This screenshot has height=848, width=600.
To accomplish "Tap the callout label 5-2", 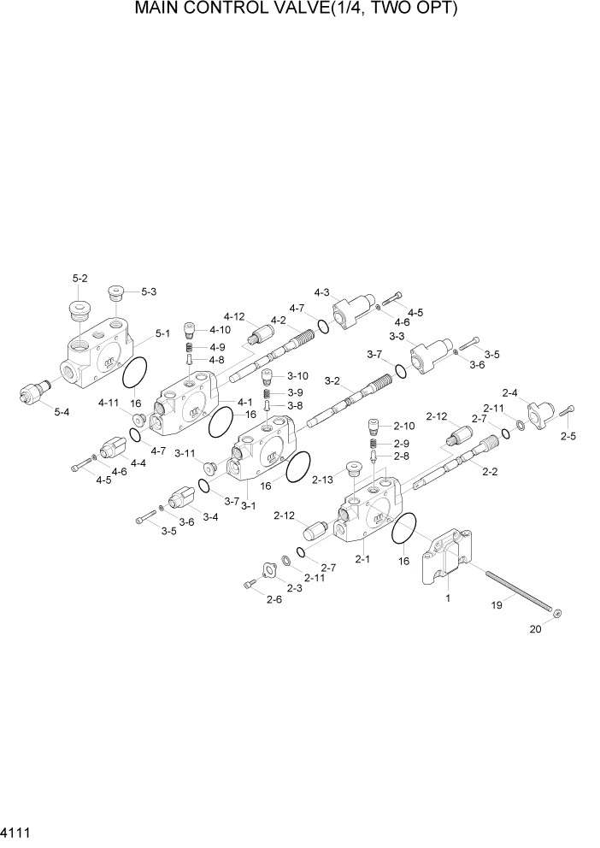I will (80, 278).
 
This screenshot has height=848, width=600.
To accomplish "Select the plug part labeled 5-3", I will (116, 295).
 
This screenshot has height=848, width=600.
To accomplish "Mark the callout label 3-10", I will (298, 375).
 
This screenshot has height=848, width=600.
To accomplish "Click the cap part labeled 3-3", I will (427, 353).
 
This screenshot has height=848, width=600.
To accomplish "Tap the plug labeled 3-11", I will (208, 466).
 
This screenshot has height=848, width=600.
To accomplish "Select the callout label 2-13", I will (322, 480).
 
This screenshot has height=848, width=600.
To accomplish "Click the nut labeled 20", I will (557, 612).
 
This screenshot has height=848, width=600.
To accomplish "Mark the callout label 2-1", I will (362, 559).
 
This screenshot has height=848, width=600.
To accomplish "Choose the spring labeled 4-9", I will (191, 348).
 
